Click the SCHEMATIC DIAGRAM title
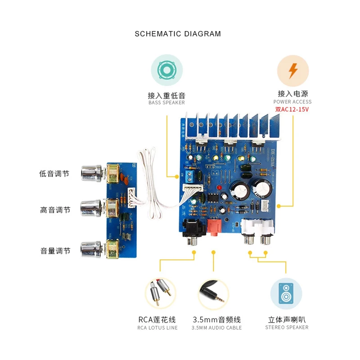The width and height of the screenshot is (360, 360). [178, 34]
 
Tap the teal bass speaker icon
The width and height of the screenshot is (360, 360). [166, 71]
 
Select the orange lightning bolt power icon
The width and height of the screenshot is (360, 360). [292, 71]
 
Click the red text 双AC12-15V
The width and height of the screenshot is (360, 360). [293, 109]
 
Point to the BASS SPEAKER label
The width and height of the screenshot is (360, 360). [166, 103]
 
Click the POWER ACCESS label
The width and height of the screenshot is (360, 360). [292, 102]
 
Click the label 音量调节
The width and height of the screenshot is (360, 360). [55, 251]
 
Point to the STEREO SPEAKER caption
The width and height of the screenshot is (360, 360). [287, 328]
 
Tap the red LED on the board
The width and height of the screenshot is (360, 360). [218, 187]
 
